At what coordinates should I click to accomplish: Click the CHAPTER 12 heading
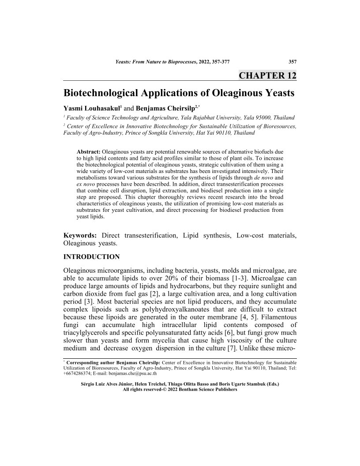pos(267,75)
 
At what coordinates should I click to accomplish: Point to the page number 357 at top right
pos(292,61)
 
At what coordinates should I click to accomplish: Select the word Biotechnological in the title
pos(100,93)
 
